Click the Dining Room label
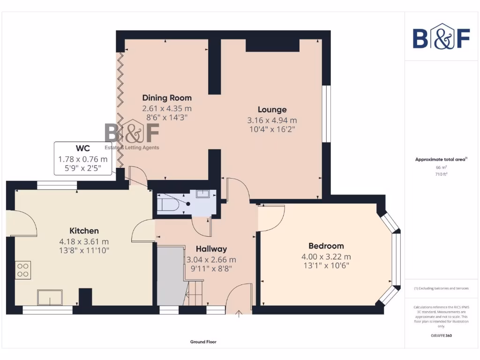167,98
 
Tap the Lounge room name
272,110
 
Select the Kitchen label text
84,231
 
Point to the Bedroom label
326,246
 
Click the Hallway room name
211,249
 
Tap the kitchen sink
50,298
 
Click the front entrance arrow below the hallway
240,314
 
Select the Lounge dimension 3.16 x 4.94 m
272,120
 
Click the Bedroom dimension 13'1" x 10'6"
326,265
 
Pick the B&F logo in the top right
441,37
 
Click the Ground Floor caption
203,342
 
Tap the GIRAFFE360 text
441,336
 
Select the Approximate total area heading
441,160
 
